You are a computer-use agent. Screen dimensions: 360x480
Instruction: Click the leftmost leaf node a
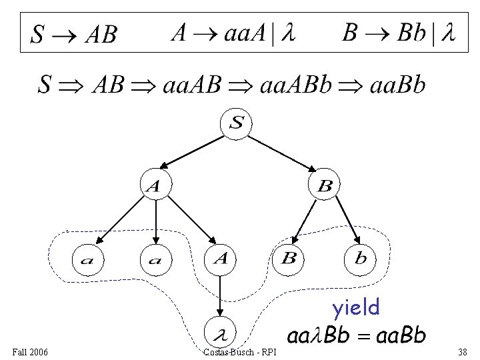87,259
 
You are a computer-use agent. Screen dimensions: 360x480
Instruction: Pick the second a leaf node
155,259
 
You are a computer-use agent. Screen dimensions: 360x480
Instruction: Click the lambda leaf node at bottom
221,331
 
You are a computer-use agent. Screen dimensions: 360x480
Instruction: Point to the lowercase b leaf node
361,259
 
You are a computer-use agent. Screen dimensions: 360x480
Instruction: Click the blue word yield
356,307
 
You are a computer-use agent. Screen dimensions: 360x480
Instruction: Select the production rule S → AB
75,34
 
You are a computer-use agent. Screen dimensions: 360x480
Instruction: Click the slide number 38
463,351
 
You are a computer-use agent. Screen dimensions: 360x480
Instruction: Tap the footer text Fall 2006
30,351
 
